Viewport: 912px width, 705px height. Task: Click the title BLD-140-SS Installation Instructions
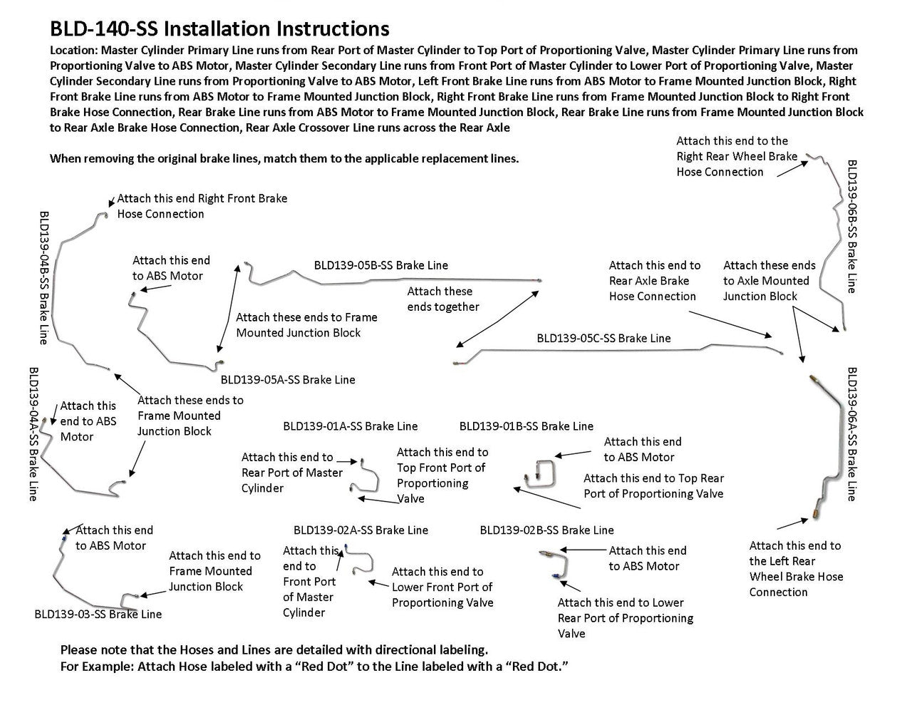click(219, 29)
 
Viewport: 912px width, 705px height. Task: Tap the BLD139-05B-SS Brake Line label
click(380, 265)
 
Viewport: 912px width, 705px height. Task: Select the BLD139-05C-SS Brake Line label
click(603, 338)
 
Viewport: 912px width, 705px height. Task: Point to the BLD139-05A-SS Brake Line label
click(287, 380)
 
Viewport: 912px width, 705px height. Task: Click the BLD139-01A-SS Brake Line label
click(350, 426)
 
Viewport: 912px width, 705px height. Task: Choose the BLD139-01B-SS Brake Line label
click(526, 426)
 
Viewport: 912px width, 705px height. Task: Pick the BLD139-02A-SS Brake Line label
click(361, 530)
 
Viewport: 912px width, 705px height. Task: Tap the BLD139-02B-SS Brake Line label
click(546, 530)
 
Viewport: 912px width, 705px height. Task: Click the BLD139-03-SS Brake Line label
click(98, 614)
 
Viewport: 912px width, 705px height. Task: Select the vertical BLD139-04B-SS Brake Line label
click(44, 277)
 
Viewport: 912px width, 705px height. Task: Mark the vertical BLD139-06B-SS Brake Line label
click(851, 226)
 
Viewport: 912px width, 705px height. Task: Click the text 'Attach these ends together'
click(442, 299)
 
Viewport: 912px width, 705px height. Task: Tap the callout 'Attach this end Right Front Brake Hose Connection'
click(202, 206)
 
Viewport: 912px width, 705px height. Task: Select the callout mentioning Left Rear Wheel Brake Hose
click(795, 569)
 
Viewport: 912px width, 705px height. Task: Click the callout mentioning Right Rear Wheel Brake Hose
click(736, 156)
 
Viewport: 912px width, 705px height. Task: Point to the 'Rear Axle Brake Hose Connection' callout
click(654, 281)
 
